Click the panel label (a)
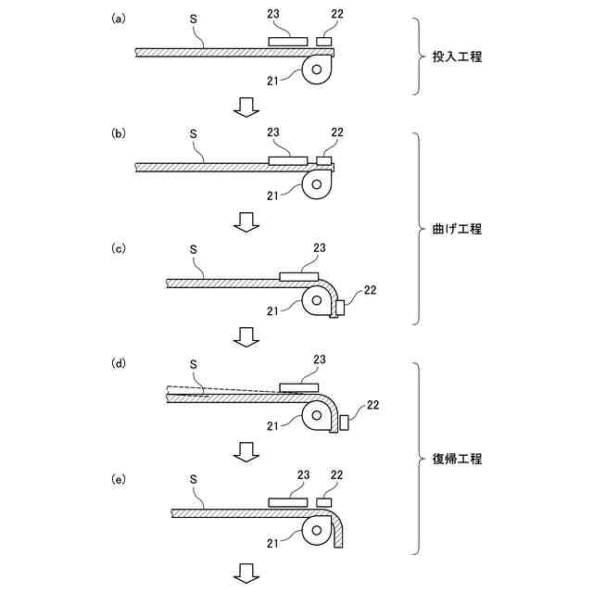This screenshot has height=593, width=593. click(118, 19)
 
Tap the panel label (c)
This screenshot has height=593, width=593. click(118, 248)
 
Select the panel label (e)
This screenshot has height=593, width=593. click(118, 480)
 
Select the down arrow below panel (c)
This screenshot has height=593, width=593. click(246, 336)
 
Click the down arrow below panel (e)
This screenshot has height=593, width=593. click(246, 572)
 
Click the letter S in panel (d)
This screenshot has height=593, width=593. click(193, 362)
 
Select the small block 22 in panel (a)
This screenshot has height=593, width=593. click(323, 42)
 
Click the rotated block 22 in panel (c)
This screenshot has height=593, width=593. click(340, 307)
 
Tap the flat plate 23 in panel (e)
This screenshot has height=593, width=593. click(288, 501)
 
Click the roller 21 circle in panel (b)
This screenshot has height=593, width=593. click(318, 185)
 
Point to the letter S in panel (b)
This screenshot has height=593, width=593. click(193, 132)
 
